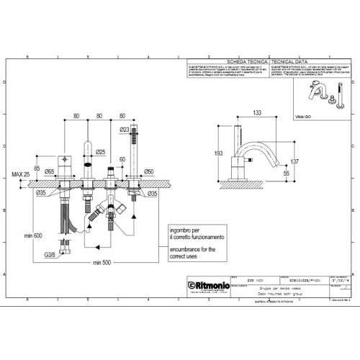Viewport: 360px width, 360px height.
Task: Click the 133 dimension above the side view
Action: coord(256,112)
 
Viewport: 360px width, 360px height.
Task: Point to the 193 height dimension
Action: coord(218,153)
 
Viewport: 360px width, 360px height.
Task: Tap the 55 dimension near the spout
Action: coord(286,174)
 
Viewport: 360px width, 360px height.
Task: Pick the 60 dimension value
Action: coord(122,161)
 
